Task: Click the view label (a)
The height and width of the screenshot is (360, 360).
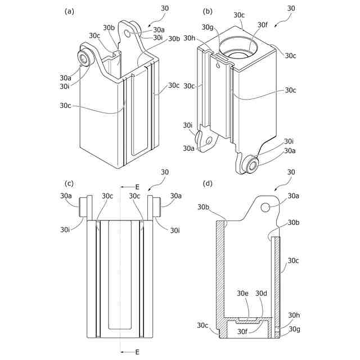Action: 70,11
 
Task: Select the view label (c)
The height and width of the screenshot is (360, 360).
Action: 70,183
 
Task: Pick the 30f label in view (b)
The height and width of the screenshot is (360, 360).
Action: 262,25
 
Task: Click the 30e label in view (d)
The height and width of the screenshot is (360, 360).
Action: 242,293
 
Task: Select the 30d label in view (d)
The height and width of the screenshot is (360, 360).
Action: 262,293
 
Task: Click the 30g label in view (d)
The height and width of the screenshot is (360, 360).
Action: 294,329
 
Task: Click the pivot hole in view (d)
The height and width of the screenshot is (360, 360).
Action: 265,207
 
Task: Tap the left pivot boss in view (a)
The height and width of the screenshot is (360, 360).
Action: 86,58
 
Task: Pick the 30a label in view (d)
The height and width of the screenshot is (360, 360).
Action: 294,196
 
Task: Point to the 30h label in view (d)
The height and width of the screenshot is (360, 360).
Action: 294,316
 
